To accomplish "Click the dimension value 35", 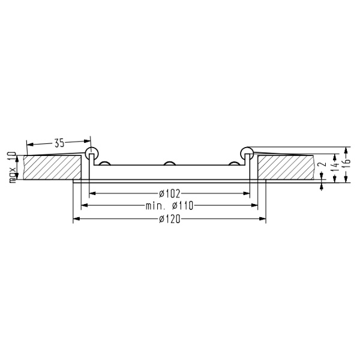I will coord(59,143).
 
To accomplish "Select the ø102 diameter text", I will coord(170,193).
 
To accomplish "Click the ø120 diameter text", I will coord(170,219).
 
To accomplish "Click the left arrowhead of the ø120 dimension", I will coord(76,219).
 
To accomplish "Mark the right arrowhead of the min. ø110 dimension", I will coord(254,206).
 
